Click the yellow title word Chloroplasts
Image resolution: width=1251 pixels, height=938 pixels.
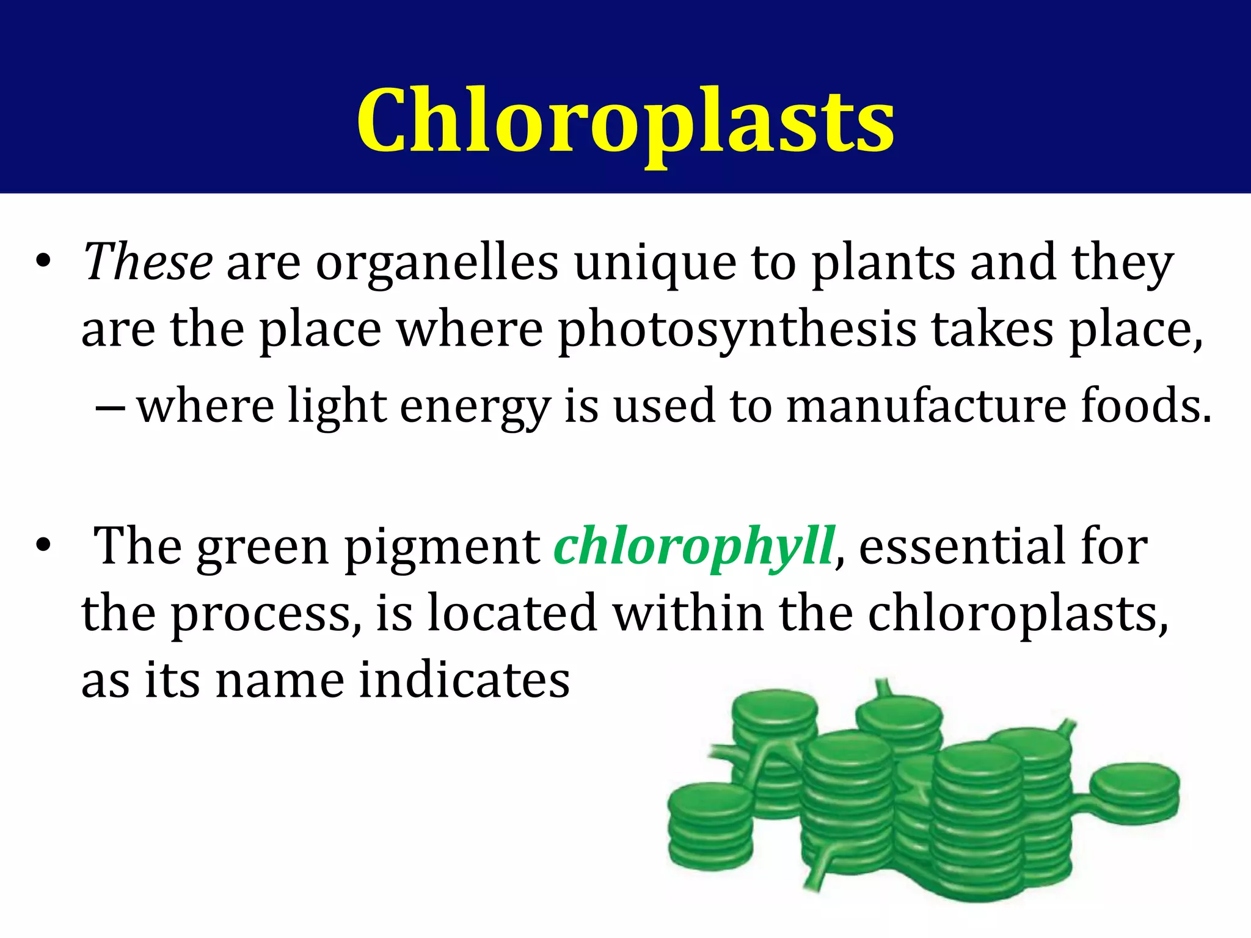[625, 120]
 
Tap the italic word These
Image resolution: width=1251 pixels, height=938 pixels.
[148, 262]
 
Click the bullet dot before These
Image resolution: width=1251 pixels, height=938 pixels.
[43, 261]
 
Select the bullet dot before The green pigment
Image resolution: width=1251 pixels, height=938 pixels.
[43, 545]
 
